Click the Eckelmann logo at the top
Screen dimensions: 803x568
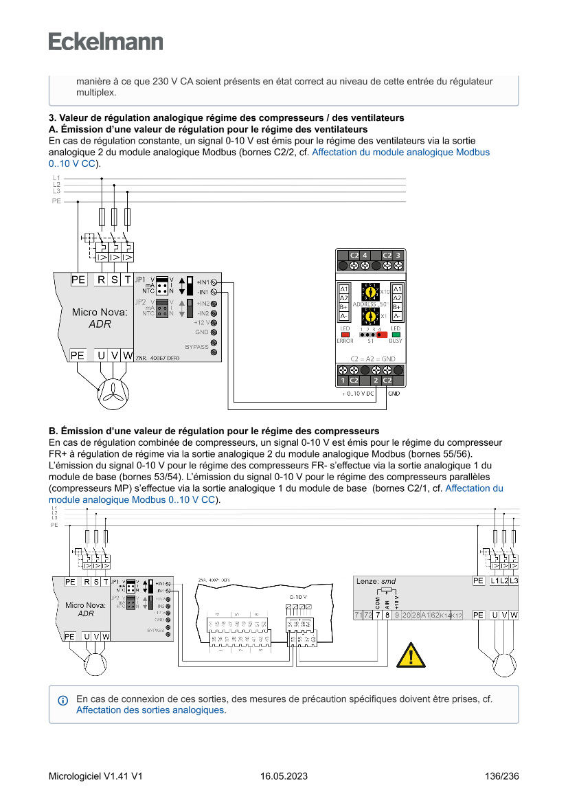point(106,42)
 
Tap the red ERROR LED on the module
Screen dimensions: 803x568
point(345,335)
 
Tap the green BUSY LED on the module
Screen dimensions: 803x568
point(396,335)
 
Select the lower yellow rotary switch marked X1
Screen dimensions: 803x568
point(370,316)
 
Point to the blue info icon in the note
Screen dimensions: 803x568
point(63,700)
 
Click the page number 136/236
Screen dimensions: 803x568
point(501,776)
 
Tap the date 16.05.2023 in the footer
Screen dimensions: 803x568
point(284,776)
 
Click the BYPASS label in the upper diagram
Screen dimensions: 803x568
point(196,347)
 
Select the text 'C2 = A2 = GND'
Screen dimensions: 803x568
point(373,359)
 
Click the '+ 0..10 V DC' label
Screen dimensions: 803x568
point(357,394)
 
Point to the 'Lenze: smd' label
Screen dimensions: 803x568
point(376,581)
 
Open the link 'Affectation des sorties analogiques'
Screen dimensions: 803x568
point(150,710)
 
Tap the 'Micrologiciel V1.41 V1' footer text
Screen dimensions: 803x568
point(95,776)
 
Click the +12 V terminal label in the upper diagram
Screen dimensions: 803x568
point(201,322)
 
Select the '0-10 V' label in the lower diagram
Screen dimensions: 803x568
point(298,597)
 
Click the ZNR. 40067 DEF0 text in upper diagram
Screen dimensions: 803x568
point(157,358)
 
